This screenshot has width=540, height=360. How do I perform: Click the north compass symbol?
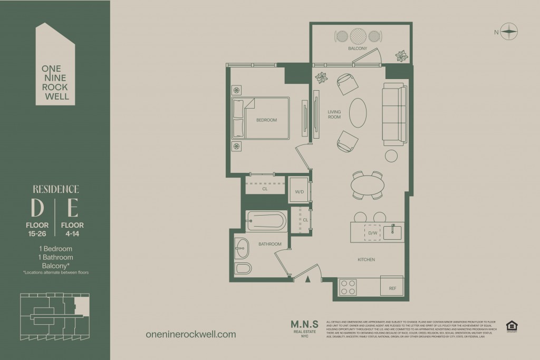click(509, 32)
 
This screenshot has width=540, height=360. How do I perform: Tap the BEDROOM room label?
click(266, 120)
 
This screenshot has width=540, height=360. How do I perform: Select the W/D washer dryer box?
click(298, 190)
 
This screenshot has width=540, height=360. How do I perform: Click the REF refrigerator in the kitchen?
click(392, 288)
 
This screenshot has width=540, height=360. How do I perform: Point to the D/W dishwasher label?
click(373, 232)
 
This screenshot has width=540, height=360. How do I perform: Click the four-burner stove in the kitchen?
click(348, 287)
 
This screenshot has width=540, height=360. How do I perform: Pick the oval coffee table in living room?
click(358, 112)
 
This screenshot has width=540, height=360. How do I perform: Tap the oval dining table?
click(368, 186)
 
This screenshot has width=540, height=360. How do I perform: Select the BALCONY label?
click(358, 48)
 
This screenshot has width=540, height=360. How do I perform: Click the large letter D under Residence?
click(37, 209)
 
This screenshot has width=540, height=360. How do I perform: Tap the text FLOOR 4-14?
click(73, 229)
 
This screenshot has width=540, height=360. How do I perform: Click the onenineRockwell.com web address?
click(190, 334)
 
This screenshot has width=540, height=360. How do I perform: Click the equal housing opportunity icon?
click(511, 327)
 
